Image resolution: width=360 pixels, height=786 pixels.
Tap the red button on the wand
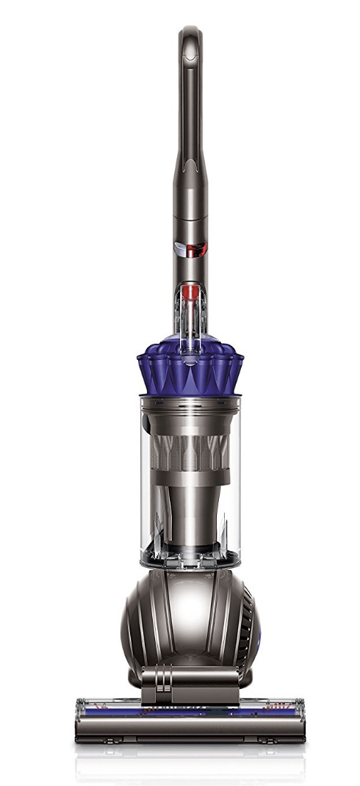[x=196, y=248]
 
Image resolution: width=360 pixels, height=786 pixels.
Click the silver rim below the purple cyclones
[x=190, y=401]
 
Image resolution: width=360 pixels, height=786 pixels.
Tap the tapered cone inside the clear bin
[x=190, y=507]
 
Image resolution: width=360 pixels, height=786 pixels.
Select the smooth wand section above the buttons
[x=190, y=206]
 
